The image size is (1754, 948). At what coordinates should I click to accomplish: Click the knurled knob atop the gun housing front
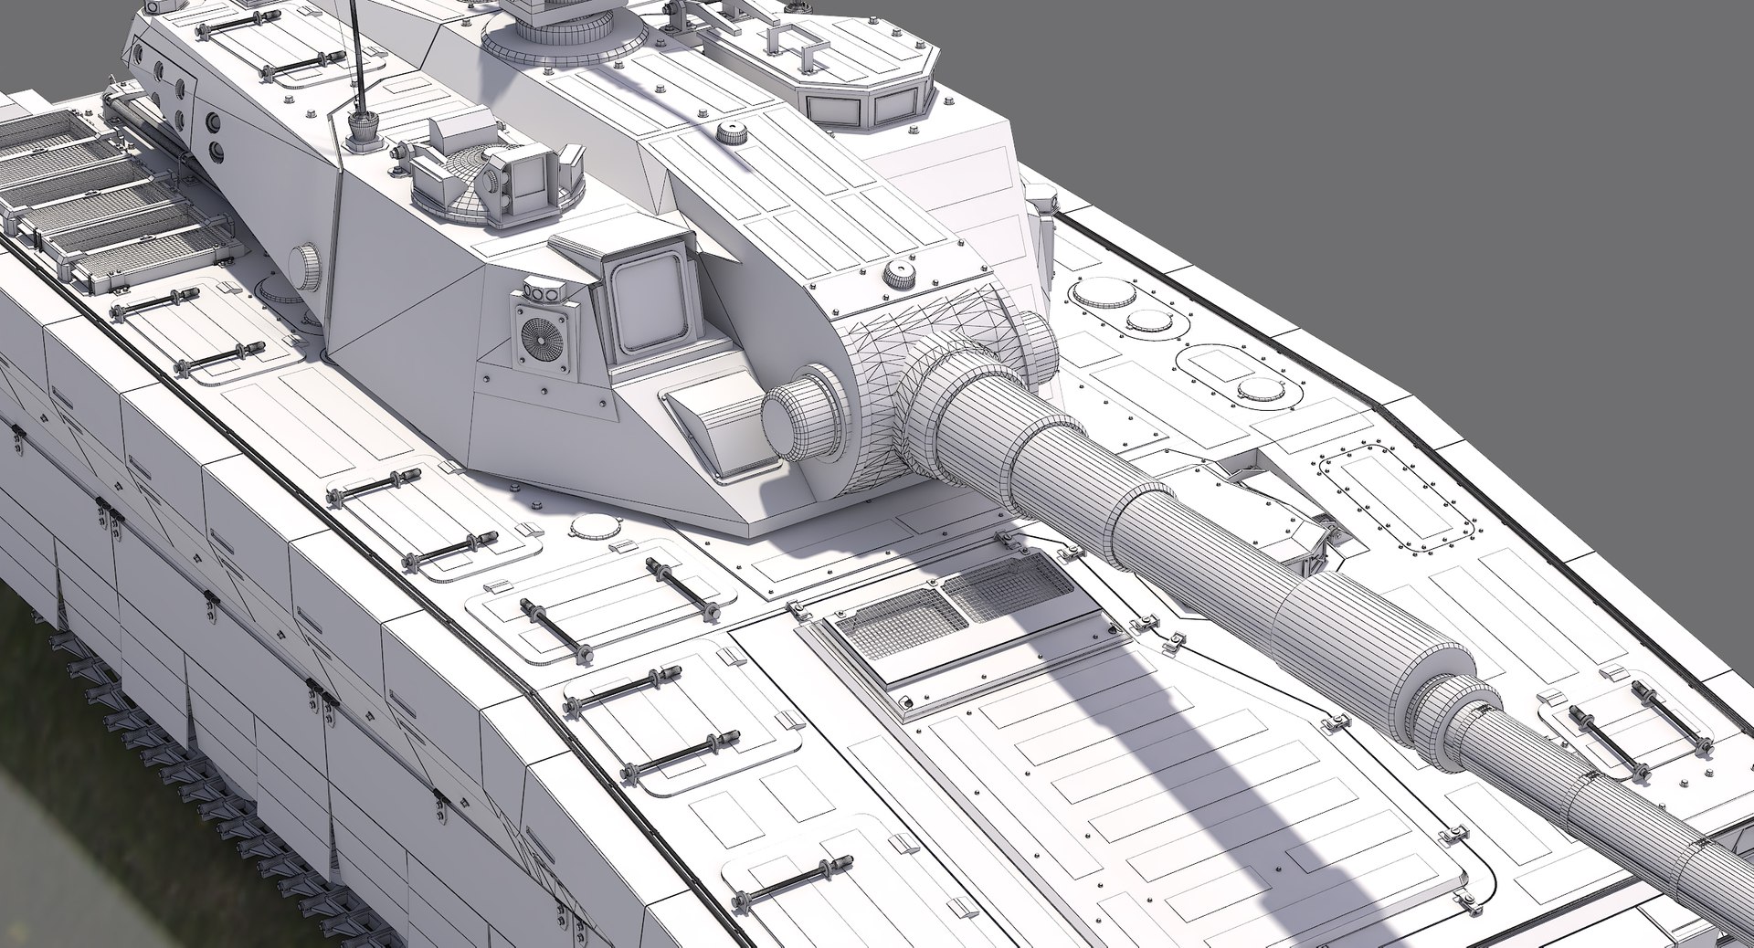tap(899, 273)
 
